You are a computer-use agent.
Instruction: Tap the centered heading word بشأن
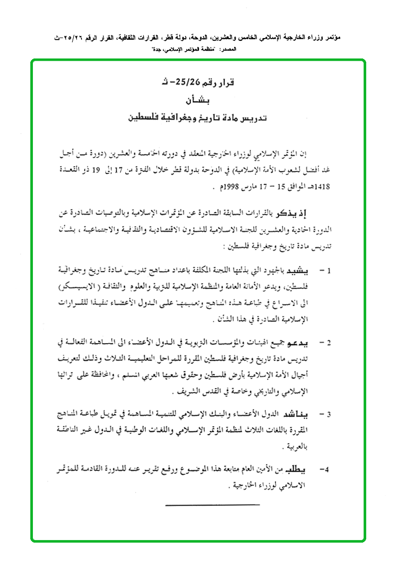tap(199, 99)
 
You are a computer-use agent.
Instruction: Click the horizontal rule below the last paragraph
tap(212, 505)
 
